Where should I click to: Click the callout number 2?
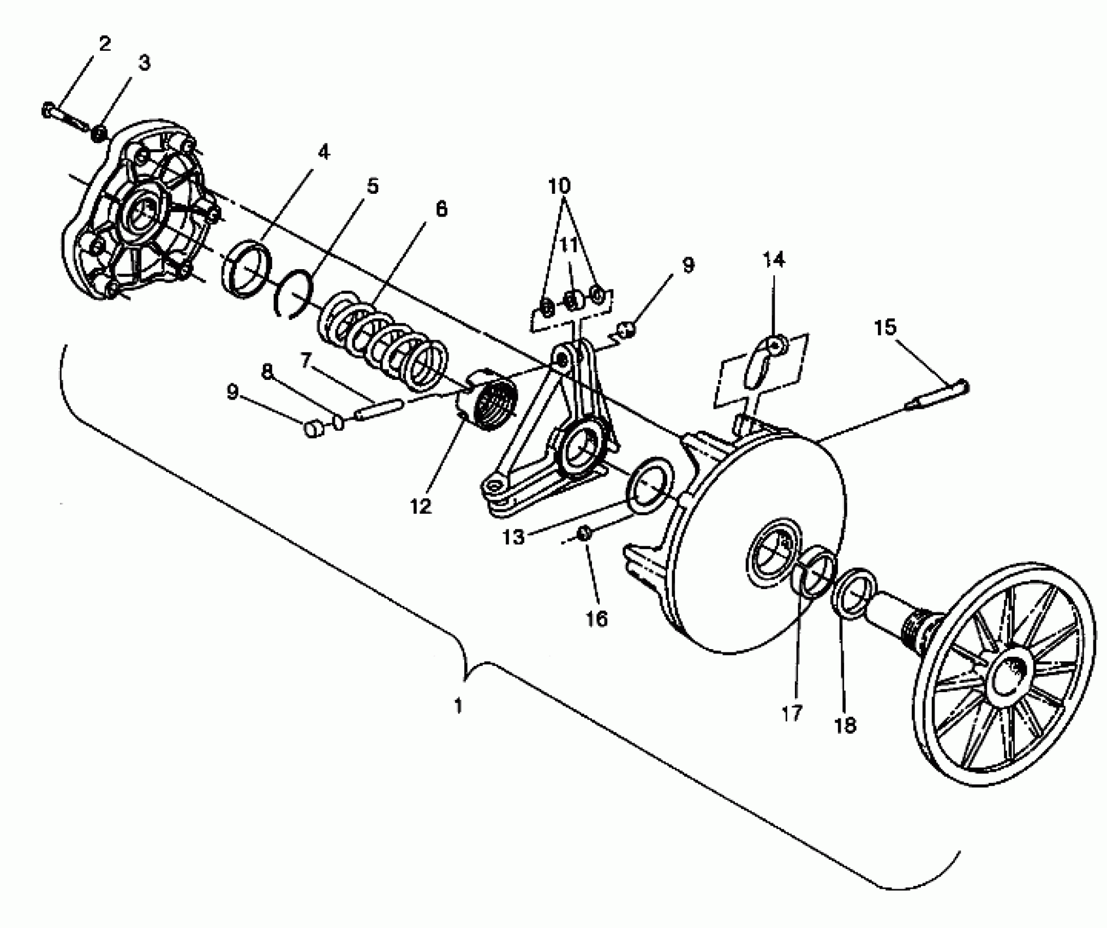[x=103, y=44]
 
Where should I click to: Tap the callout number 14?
[x=774, y=260]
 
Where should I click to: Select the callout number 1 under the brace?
[x=458, y=706]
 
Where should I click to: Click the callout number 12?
[x=421, y=506]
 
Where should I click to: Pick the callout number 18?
[x=845, y=725]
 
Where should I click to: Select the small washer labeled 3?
[x=99, y=134]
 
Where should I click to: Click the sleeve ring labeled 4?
[x=246, y=267]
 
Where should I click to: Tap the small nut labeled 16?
[x=584, y=534]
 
